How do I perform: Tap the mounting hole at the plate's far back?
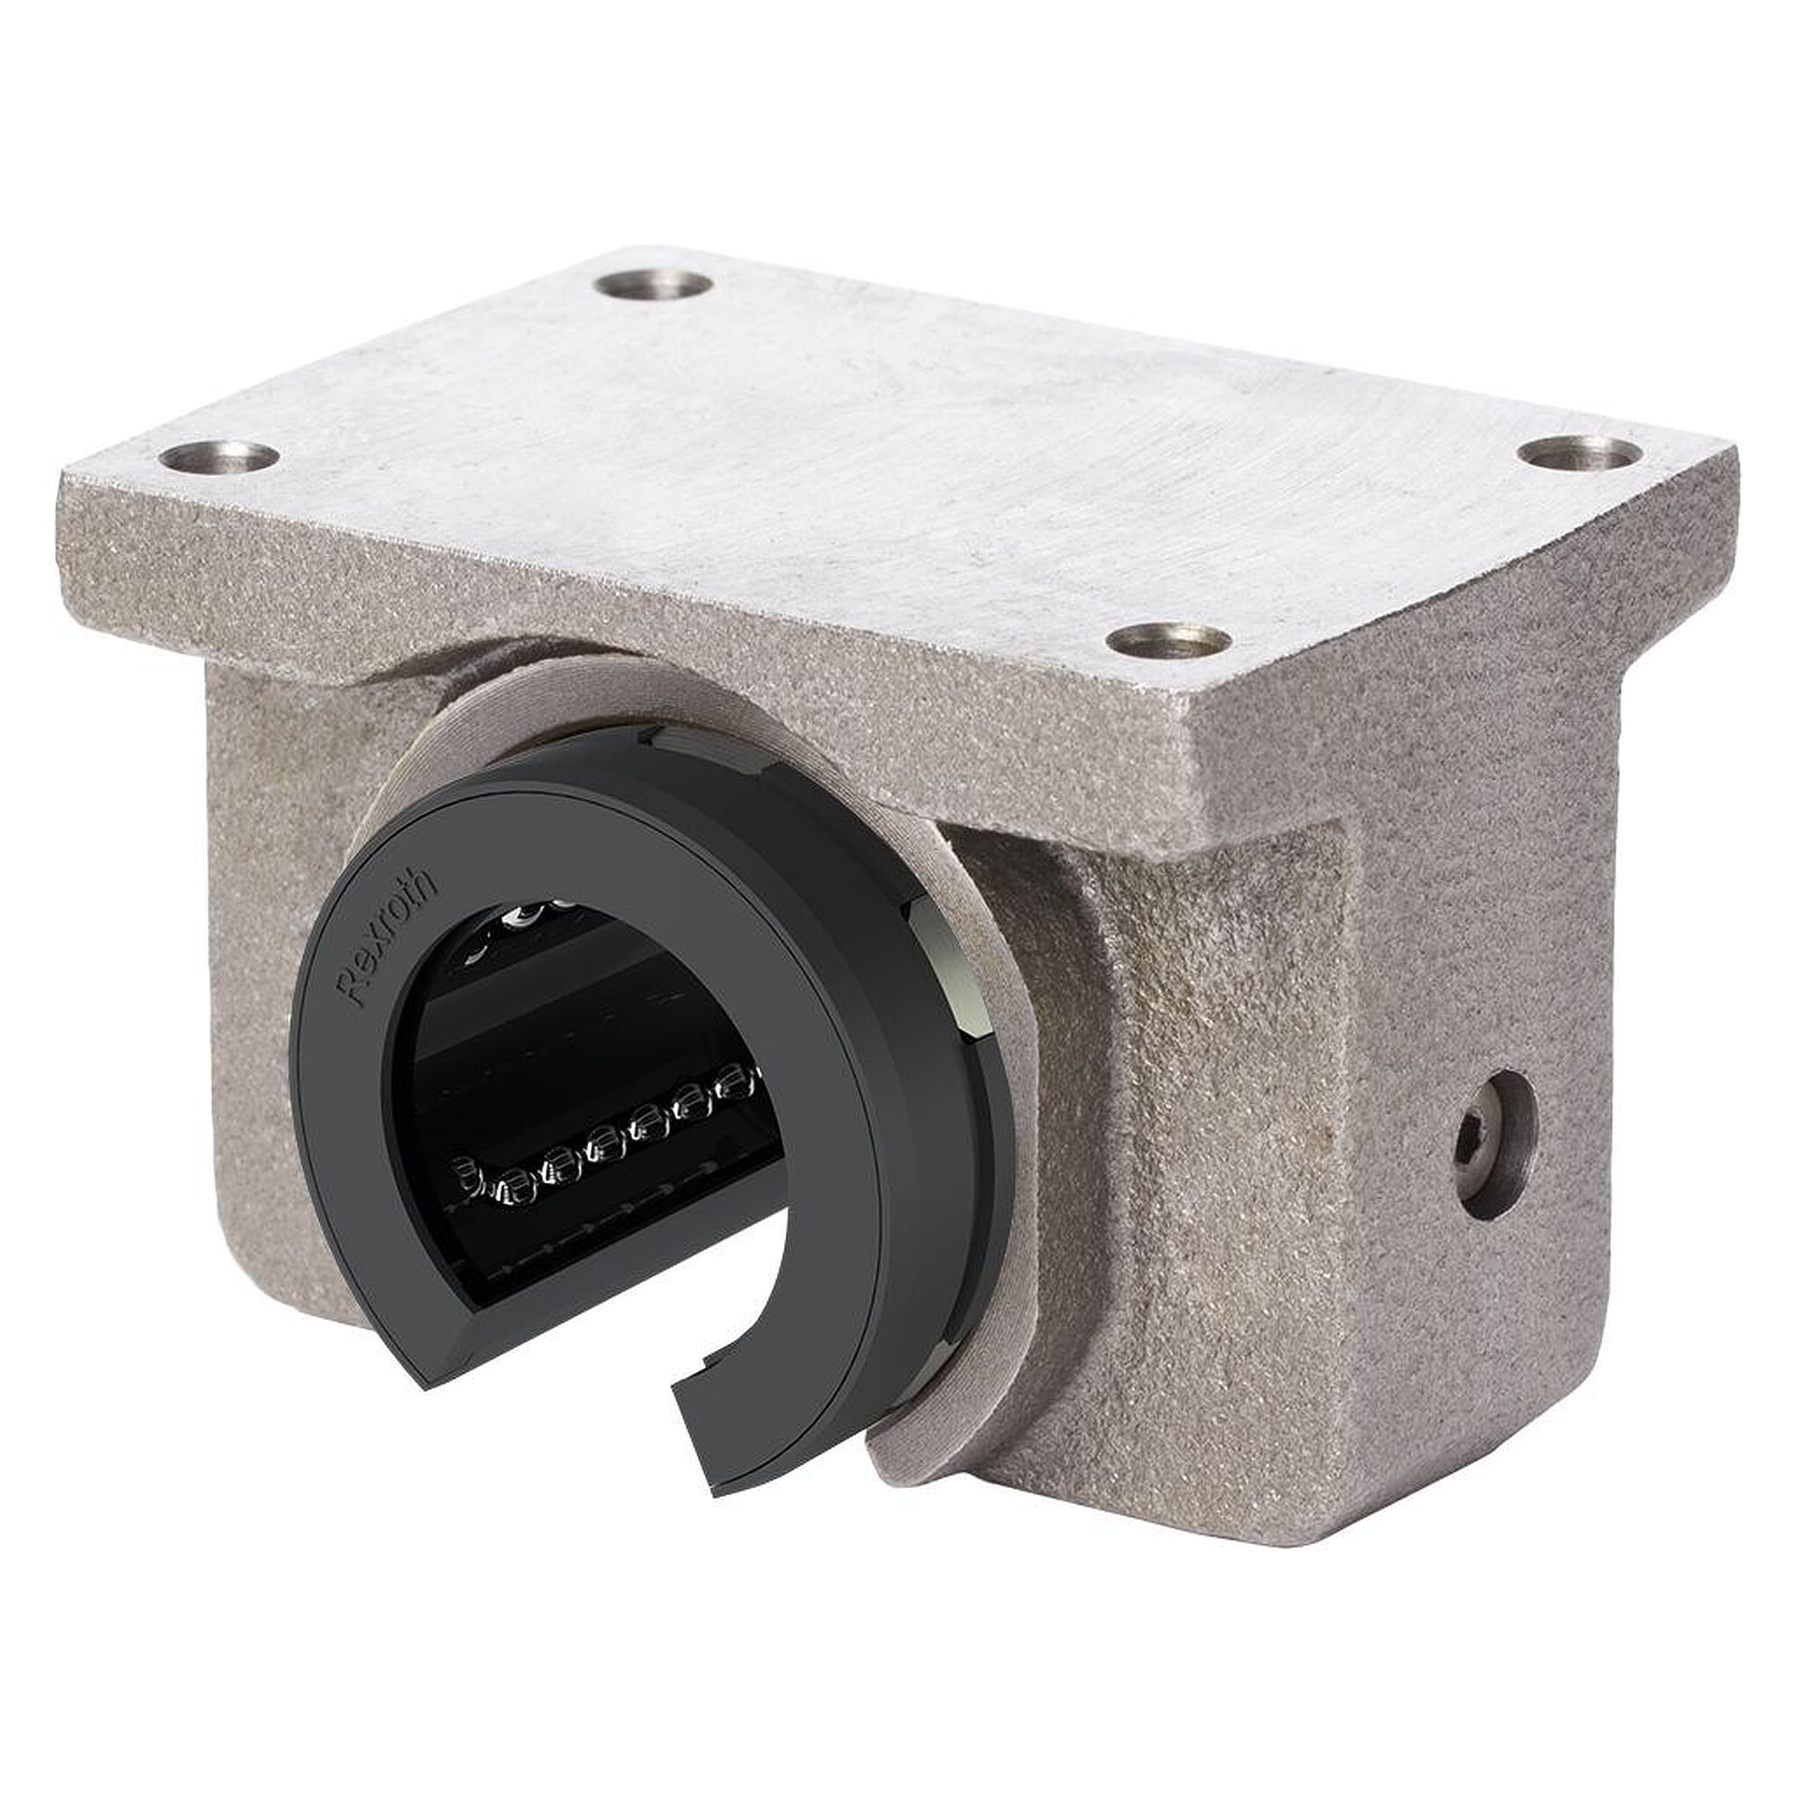(654, 285)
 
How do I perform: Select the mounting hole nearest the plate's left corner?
(219, 457)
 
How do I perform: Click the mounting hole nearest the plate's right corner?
(1580, 453)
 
